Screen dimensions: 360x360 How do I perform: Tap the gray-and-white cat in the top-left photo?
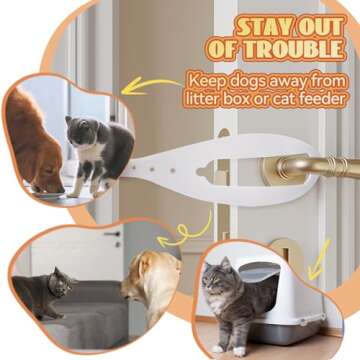(x=96, y=150)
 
